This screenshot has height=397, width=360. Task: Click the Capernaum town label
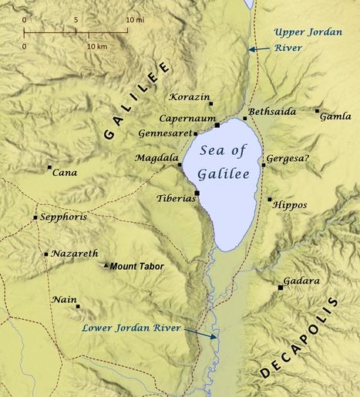pyautogui.click(x=187, y=119)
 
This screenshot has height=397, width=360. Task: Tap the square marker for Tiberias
pyautogui.click(x=197, y=193)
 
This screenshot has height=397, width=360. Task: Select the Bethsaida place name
pyautogui.click(x=273, y=112)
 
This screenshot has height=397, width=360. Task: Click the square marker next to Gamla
pyautogui.click(x=317, y=111)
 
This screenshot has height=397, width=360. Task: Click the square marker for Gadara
pyautogui.click(x=280, y=288)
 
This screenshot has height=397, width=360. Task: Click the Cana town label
pyautogui.click(x=64, y=173)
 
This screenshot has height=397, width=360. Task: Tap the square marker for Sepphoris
pyautogui.click(x=35, y=218)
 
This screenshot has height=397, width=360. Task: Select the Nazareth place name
pyautogui.click(x=75, y=254)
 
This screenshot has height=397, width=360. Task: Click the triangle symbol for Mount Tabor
pyautogui.click(x=106, y=266)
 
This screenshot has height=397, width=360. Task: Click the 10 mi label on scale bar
pyautogui.click(x=136, y=19)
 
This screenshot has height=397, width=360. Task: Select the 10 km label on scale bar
pyautogui.click(x=97, y=47)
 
